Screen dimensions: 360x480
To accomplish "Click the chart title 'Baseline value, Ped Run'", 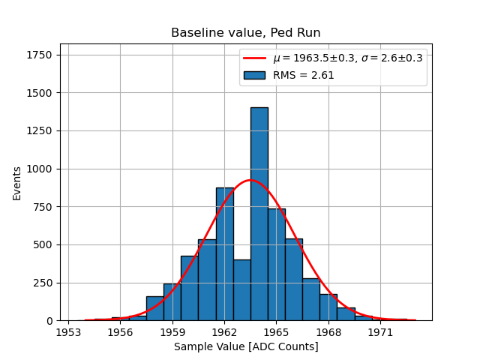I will click(246, 33).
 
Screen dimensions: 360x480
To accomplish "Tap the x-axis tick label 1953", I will click(68, 331).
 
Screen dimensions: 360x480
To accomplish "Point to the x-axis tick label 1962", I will click(224, 331).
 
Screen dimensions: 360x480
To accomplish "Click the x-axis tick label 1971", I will click(380, 331).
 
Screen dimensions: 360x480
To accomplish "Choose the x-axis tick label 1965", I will click(276, 331).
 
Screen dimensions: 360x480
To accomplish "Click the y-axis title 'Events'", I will click(17, 184).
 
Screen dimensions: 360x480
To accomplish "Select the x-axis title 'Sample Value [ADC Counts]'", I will click(246, 346).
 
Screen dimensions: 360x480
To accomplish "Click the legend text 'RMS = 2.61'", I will click(303, 75).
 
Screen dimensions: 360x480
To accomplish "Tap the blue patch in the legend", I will click(254, 75).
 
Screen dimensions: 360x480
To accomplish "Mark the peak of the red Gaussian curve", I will click(250, 180).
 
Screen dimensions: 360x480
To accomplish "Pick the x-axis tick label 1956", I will click(120, 331).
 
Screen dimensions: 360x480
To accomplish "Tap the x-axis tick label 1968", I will click(328, 331).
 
